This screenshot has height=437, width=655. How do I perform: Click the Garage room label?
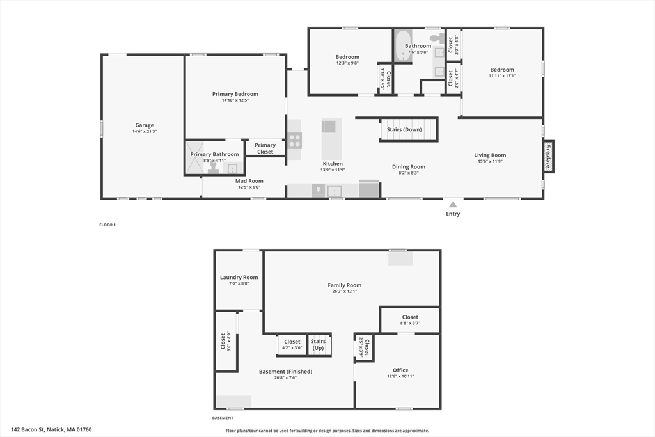pos(144,125)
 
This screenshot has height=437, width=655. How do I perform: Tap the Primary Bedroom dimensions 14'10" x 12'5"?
pos(235,100)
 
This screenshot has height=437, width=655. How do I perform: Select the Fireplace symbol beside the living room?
pos(548,156)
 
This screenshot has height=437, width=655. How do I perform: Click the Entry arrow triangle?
pos(453,205)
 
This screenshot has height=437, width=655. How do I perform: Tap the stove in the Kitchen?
pos(294,140)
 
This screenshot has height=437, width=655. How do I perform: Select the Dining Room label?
pos(408,167)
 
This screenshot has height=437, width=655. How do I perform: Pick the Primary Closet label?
pos(265,148)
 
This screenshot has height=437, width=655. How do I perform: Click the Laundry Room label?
pos(239,277)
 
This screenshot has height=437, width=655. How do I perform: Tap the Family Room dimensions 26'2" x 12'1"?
pos(344,292)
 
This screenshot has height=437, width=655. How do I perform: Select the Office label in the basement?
pos(400,370)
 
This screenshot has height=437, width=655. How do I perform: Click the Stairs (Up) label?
pos(319,344)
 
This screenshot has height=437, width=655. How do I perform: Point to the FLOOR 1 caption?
pos(107,225)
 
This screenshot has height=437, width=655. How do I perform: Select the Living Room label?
pos(490,155)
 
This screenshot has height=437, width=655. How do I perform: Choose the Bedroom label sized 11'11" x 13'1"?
pos(502,70)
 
